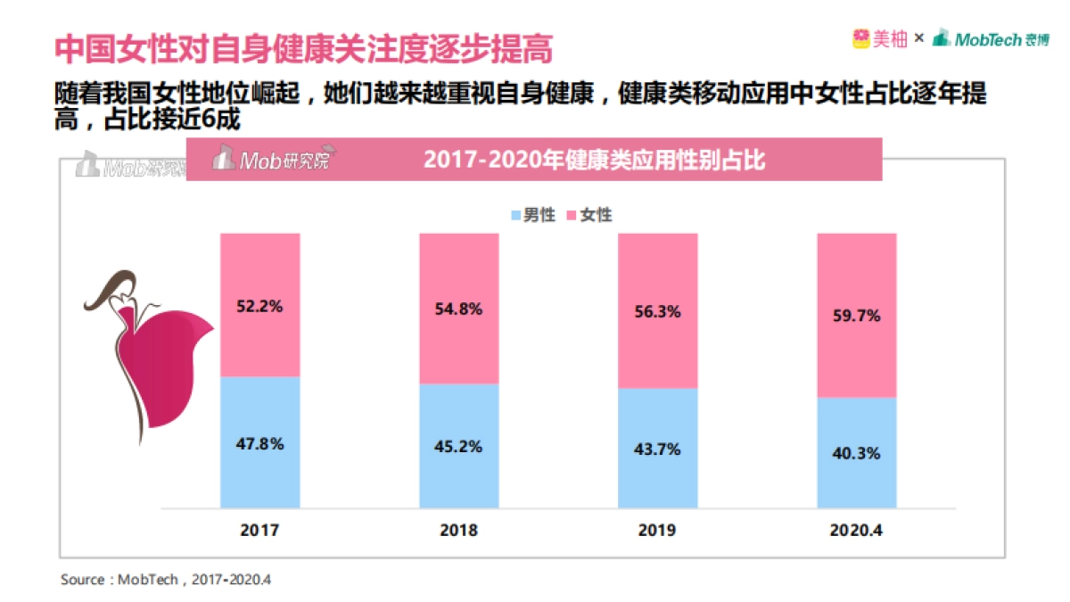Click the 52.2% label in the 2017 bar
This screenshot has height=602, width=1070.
[x=259, y=306]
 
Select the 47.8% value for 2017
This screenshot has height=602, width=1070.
[x=259, y=444]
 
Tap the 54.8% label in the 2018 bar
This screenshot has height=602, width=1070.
[x=459, y=309]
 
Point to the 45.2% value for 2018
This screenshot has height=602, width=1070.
[x=459, y=447]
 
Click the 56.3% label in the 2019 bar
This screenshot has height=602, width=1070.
[x=658, y=312]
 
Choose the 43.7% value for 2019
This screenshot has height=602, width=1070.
[x=658, y=449]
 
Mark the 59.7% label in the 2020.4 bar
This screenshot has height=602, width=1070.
[x=857, y=316]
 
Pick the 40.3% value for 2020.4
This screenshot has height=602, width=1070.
[x=857, y=453]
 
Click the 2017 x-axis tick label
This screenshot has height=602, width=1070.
[x=259, y=530]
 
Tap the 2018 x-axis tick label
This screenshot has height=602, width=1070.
[x=459, y=530]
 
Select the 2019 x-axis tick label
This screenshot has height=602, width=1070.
[x=658, y=530]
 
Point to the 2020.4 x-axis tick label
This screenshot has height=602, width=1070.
[x=857, y=530]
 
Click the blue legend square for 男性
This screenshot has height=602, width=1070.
[x=515, y=215]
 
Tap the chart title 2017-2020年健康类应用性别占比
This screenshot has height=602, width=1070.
[x=595, y=161]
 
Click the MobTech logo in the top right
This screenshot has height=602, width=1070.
[x=991, y=38]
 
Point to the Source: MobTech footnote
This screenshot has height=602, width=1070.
[x=165, y=580]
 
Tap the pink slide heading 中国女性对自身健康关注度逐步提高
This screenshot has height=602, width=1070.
[x=303, y=49]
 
